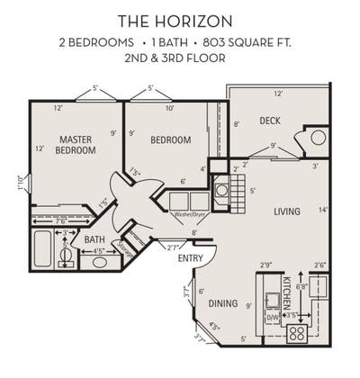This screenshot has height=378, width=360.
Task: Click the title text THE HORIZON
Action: [181, 20]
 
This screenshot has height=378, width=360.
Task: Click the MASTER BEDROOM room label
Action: [77, 145]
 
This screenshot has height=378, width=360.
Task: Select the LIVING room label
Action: [287, 211]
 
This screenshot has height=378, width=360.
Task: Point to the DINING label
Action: [224, 303]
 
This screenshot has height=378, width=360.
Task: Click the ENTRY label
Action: [190, 258]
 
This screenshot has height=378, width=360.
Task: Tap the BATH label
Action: [94, 240]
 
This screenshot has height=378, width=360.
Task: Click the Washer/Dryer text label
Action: [190, 214]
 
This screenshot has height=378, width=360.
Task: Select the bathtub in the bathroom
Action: [42, 249]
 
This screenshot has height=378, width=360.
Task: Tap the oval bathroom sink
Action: [100, 263]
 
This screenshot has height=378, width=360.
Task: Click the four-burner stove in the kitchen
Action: [296, 334]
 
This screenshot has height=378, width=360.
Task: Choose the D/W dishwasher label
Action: [272, 317]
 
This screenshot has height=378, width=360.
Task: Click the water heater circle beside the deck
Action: [318, 140]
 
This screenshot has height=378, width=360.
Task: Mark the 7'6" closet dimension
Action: [59, 220]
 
